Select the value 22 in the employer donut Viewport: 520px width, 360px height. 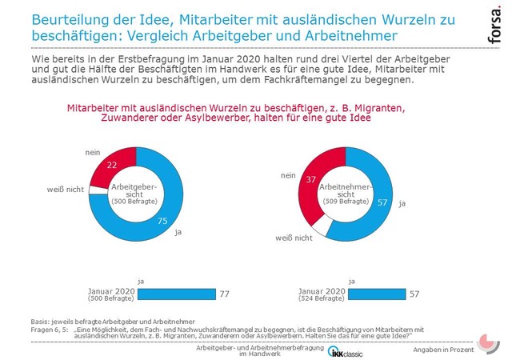click(112, 163)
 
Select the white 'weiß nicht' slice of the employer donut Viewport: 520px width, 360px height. click(97, 189)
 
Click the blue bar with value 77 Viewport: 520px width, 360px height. click(177, 294)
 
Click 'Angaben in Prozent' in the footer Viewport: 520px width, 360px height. click(443, 350)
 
